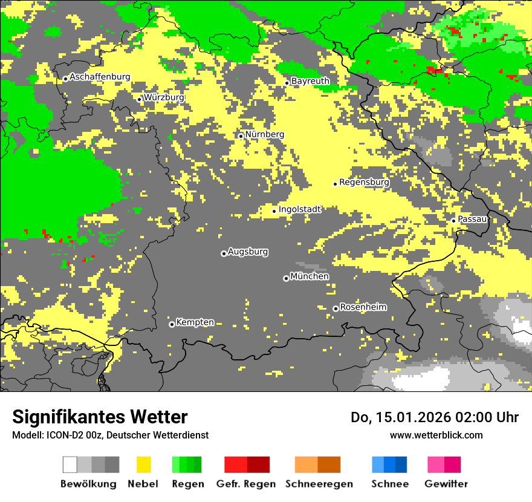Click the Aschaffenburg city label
tap(100, 77)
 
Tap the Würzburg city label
tap(164, 97)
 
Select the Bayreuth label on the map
tap(310, 81)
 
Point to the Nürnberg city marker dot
tap(241, 136)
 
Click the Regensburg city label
tap(364, 182)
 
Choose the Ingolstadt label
tap(300, 209)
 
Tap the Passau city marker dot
tap(453, 221)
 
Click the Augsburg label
tap(248, 252)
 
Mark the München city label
tap(310, 276)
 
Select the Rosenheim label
tap(363, 307)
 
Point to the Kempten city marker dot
tap(172, 324)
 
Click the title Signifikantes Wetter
tap(100, 417)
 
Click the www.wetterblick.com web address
tap(436, 435)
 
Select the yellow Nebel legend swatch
tap(143, 465)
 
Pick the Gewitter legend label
tap(446, 484)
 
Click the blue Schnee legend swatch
tap(389, 465)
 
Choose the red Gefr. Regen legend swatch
tap(247, 465)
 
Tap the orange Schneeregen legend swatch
tap(317, 465)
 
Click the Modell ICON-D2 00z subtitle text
tap(110, 435)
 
